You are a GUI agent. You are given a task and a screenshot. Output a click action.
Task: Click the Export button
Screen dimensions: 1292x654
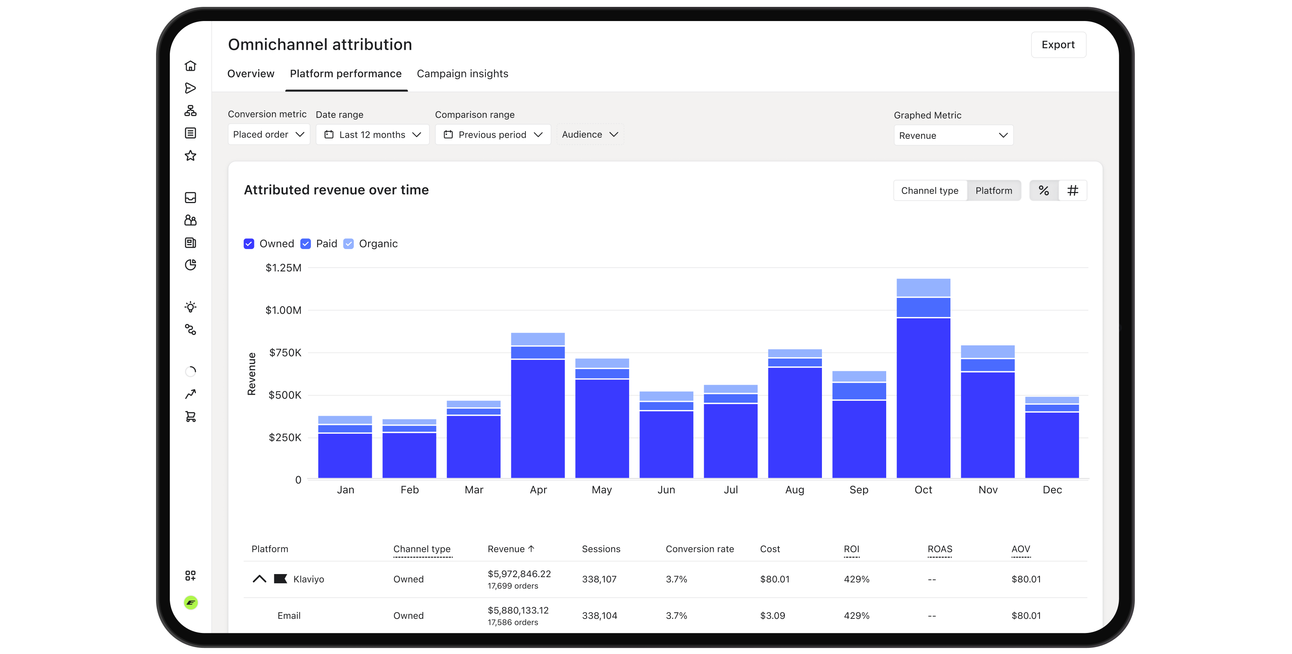(1058, 45)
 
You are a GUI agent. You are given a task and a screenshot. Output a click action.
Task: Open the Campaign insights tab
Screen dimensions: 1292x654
(462, 74)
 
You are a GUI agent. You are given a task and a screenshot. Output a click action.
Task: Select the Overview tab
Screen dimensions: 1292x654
(251, 74)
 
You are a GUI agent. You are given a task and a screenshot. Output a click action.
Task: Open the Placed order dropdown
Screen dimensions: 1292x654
(269, 134)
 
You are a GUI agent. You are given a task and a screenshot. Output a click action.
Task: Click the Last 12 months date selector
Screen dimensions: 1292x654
(372, 134)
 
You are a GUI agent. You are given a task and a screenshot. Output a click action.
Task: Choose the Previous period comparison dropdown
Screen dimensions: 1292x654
(493, 134)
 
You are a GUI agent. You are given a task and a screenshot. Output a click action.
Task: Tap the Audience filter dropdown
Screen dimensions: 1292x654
(590, 134)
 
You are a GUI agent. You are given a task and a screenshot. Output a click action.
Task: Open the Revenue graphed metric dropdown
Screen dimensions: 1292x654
(954, 135)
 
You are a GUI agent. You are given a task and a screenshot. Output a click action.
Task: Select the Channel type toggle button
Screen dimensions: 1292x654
(930, 190)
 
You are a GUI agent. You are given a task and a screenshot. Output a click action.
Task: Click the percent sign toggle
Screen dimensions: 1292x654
(1044, 190)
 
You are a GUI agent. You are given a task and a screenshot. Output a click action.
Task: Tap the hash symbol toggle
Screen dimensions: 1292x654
(1073, 190)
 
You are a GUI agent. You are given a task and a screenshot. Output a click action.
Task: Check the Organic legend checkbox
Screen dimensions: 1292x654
(348, 244)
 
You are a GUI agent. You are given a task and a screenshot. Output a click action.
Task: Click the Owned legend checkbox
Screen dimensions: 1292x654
(249, 244)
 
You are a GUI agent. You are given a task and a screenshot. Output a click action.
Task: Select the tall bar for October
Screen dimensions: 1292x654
(923, 378)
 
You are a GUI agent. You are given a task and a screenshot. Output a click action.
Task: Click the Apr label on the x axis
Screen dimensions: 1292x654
(538, 490)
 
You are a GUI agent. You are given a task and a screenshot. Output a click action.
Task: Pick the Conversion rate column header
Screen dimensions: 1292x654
(700, 549)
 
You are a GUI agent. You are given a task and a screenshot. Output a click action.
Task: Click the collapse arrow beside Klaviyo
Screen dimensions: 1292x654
(259, 579)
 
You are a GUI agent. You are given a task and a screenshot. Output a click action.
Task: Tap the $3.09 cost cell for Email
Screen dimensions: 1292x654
(772, 615)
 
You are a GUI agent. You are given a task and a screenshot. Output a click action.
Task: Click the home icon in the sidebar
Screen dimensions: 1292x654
(190, 66)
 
